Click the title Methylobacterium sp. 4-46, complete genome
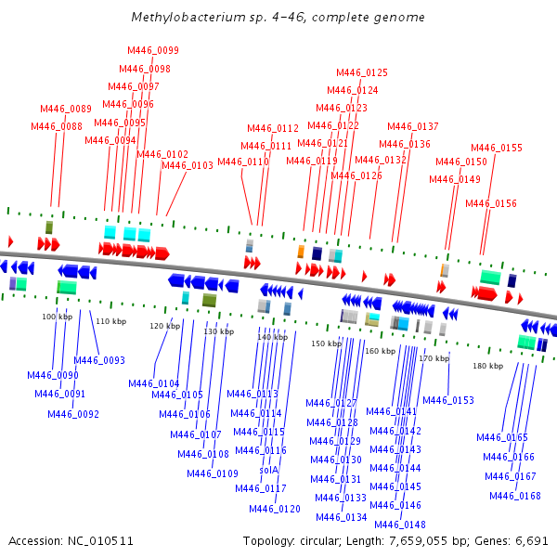click(x=278, y=18)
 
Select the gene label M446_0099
click(x=153, y=50)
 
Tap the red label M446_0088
click(x=57, y=126)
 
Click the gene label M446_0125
click(x=362, y=72)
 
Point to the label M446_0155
click(x=497, y=148)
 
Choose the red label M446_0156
click(x=491, y=203)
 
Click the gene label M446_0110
click(x=243, y=162)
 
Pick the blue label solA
click(x=269, y=470)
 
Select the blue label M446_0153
click(x=448, y=400)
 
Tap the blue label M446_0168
click(x=515, y=496)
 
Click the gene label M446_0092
click(x=73, y=414)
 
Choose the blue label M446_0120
click(x=275, y=509)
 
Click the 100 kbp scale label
click(x=58, y=317)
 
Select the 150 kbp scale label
click(x=326, y=343)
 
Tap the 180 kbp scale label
click(x=487, y=366)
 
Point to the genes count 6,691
click(x=533, y=540)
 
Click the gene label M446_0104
click(x=154, y=383)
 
